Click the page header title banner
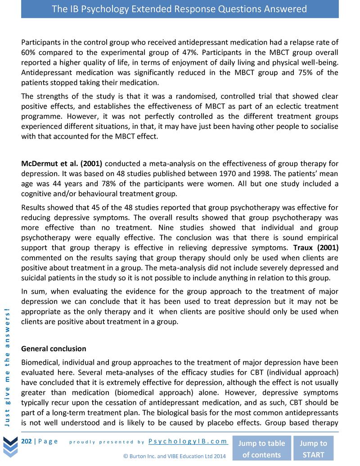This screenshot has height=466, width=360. click(x=180, y=9)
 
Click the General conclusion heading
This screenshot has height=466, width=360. click(x=54, y=349)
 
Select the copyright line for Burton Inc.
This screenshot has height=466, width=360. click(x=174, y=456)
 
